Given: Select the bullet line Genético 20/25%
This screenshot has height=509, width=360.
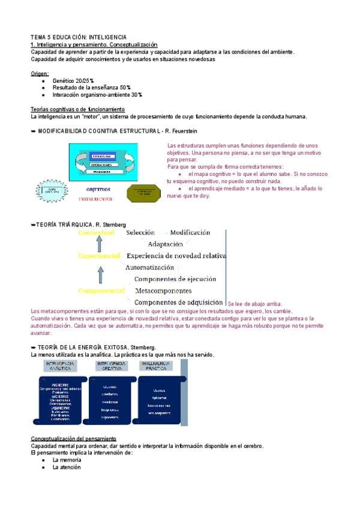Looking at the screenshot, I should point(73,80).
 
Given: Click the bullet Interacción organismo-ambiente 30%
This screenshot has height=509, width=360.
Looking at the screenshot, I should point(97,95).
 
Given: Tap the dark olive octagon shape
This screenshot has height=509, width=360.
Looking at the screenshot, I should point(144,193).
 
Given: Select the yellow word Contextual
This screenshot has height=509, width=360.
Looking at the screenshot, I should point(96,232).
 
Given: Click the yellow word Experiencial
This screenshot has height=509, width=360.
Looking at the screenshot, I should point(99,256).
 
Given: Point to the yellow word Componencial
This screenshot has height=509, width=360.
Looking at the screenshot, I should point(101,291).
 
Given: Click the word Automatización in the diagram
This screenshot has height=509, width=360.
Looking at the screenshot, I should point(149,267).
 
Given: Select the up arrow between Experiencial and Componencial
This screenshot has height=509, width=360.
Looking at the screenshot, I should point(100,274).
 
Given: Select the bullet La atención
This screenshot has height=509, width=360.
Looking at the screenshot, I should point(65,466).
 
